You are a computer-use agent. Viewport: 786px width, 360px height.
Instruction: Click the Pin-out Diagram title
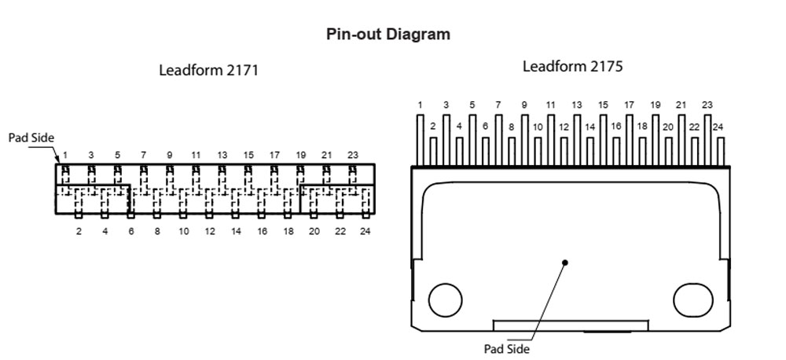click(388, 35)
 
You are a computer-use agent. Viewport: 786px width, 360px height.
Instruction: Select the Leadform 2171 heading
click(208, 70)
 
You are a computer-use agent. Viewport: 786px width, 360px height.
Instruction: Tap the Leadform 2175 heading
click(572, 67)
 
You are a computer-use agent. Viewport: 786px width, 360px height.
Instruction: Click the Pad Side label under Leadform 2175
click(507, 348)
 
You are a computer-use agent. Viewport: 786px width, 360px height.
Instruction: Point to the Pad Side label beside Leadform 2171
click(31, 138)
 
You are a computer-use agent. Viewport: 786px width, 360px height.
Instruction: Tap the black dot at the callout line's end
click(564, 262)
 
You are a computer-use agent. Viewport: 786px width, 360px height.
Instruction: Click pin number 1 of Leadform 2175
click(421, 105)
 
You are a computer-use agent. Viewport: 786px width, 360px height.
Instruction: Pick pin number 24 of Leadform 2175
click(718, 127)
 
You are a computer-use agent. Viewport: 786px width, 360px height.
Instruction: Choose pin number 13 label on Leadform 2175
click(577, 105)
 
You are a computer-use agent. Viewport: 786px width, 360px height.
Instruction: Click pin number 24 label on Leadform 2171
click(365, 231)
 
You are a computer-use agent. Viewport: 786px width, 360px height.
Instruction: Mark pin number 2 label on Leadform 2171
click(79, 231)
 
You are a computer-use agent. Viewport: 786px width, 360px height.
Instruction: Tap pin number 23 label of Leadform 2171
click(353, 156)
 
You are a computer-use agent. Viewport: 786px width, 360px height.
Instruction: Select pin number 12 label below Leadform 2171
click(210, 231)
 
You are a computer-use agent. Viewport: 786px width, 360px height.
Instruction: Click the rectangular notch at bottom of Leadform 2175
click(571, 325)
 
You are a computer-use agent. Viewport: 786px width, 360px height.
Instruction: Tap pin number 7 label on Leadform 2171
click(143, 156)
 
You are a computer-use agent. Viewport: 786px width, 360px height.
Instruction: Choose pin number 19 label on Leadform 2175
click(656, 105)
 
